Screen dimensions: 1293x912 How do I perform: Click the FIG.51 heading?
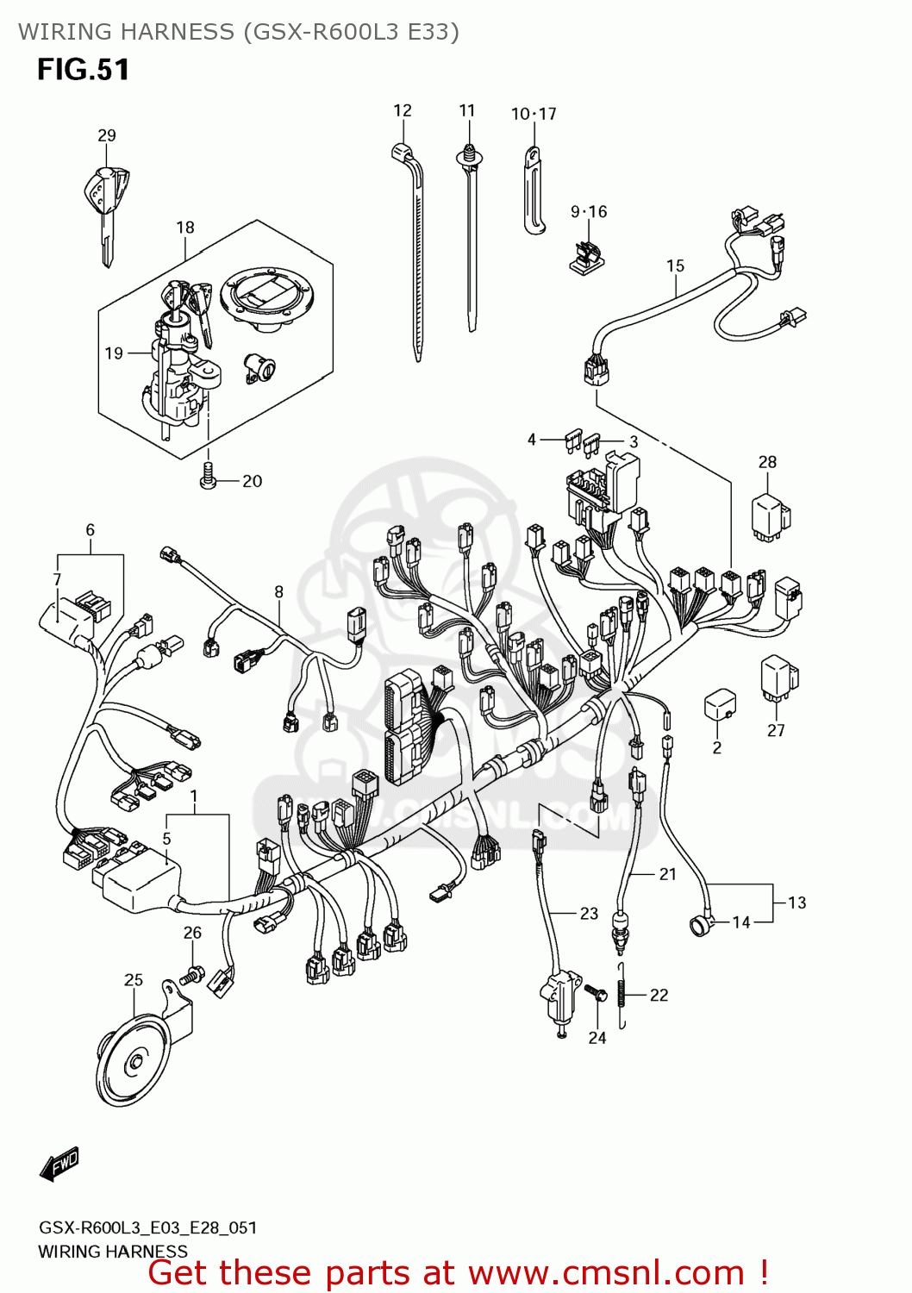[83, 70]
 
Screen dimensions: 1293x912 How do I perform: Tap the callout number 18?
[185, 228]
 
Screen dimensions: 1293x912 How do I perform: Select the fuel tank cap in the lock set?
[265, 297]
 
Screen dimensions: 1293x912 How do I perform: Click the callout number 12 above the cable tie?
[403, 110]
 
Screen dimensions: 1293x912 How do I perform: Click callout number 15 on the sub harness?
[675, 265]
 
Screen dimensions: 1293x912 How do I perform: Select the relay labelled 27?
[778, 678]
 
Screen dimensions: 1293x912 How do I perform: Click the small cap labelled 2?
[719, 705]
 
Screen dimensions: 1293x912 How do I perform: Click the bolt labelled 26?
[193, 975]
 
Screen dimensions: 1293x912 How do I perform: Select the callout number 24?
[597, 1038]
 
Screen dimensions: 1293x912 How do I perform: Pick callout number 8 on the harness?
[278, 591]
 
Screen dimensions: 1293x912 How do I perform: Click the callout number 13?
[796, 903]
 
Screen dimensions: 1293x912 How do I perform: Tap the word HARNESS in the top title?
[177, 32]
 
